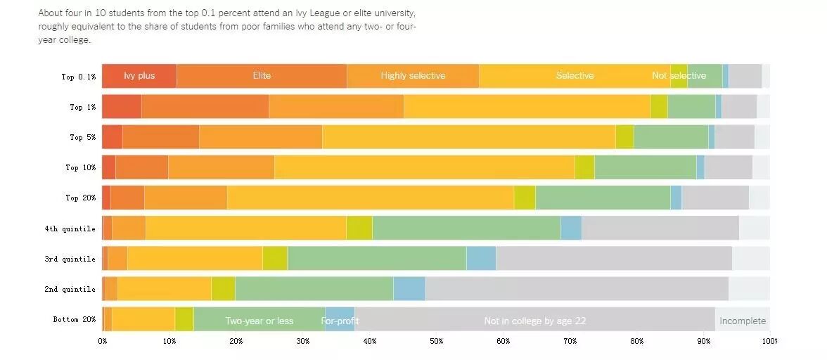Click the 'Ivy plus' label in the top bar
coord(139,76)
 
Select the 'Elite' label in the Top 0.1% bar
coord(262,76)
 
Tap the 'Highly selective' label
coord(413,76)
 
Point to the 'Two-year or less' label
coord(259,321)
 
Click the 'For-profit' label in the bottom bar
coord(340,321)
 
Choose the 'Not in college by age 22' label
coord(534,321)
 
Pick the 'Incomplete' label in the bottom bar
coord(743,321)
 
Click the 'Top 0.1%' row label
coord(78,77)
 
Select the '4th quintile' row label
coord(70,229)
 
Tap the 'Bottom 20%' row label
coord(74,320)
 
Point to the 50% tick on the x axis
coord(436,341)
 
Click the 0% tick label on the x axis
coord(103,341)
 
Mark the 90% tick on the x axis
coord(703,341)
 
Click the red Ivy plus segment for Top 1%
coord(122,106)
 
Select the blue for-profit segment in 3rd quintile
coord(481,258)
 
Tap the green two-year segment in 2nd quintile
coord(314,288)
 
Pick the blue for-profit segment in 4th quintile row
coord(571,228)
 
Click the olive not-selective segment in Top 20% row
coord(525,198)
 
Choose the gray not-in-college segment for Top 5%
coord(734,136)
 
